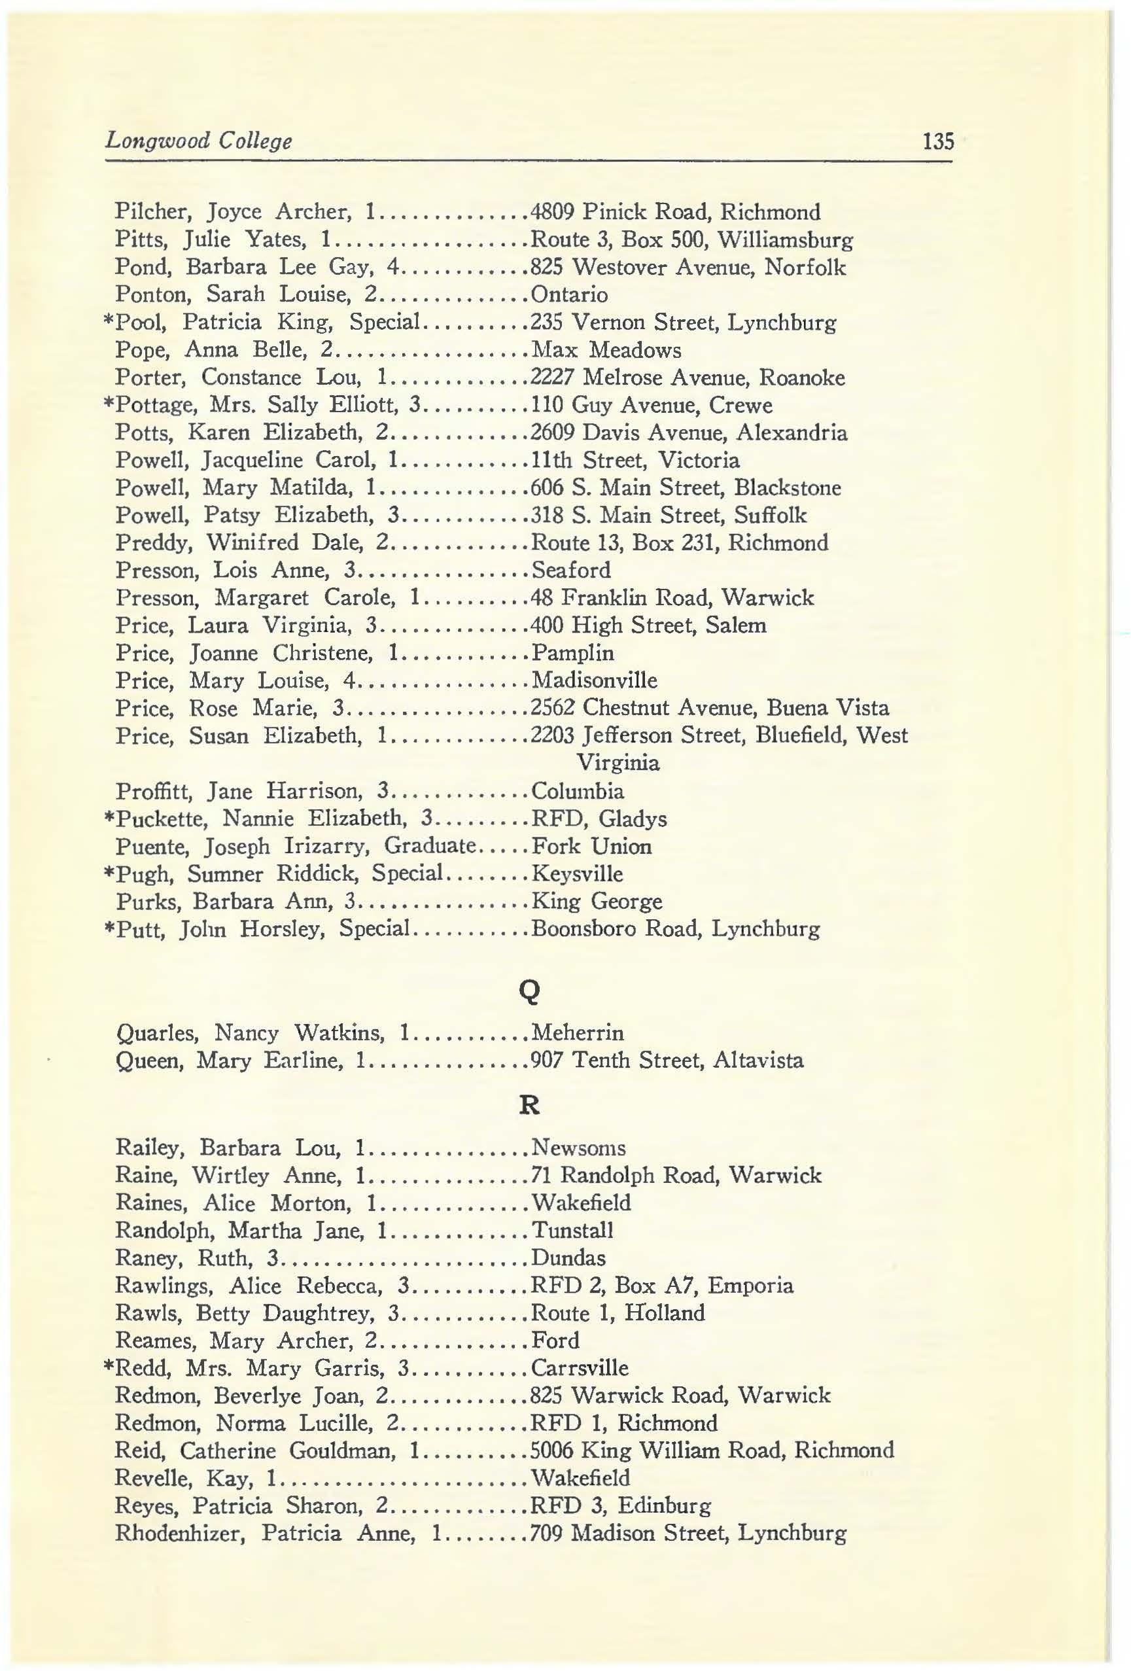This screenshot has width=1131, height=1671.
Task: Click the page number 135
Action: pyautogui.click(x=937, y=140)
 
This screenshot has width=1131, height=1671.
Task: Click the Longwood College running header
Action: pyautogui.click(x=198, y=140)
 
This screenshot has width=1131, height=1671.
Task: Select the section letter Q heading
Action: pyautogui.click(x=529, y=991)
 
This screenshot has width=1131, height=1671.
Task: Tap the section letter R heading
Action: pyautogui.click(x=529, y=1105)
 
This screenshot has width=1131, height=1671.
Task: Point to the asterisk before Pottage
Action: pyautogui.click(x=109, y=404)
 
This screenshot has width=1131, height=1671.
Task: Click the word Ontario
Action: pyautogui.click(x=568, y=295)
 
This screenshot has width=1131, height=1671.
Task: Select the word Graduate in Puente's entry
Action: pyautogui.click(x=429, y=845)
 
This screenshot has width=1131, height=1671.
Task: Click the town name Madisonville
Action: pyautogui.click(x=594, y=680)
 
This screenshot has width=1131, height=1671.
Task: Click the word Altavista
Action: pyautogui.click(x=758, y=1061)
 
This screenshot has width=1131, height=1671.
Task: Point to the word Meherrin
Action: pyautogui.click(x=577, y=1033)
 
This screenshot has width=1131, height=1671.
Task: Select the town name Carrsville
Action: pyautogui.click(x=579, y=1367)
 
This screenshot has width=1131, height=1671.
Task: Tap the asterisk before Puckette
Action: pyautogui.click(x=109, y=818)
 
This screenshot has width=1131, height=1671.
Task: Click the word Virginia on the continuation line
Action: pyautogui.click(x=618, y=763)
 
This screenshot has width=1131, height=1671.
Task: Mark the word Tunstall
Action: pyautogui.click(x=572, y=1230)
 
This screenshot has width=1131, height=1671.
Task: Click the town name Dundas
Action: pyautogui.click(x=568, y=1258)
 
